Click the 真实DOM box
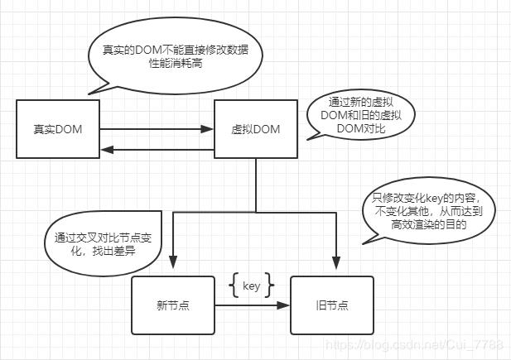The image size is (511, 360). [x=58, y=129]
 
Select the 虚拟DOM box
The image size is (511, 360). [x=255, y=129]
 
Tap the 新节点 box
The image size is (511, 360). [x=173, y=305]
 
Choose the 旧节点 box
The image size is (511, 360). [x=331, y=305]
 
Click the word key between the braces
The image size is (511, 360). [x=251, y=286]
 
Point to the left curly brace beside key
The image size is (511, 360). [x=233, y=286]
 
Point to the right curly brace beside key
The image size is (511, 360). [x=269, y=286]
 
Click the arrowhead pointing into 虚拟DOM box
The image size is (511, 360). [x=209, y=128]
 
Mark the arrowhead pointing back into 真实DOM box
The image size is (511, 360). [x=105, y=150]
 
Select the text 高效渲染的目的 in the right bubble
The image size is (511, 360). [x=429, y=224]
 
